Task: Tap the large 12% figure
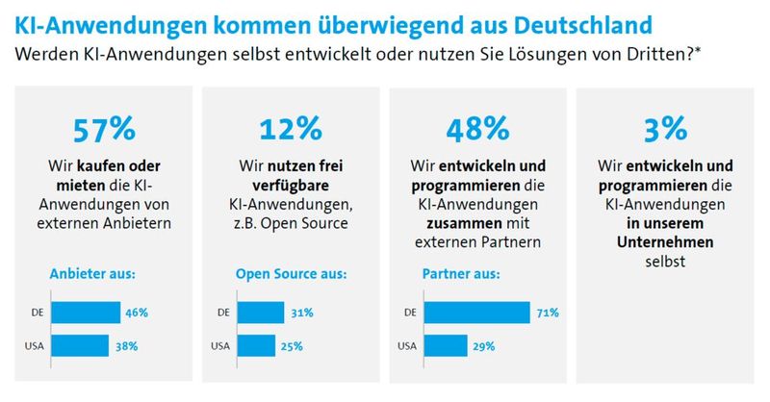(290, 129)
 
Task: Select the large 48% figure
(476, 129)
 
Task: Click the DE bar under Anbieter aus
(85, 313)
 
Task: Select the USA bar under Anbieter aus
(79, 345)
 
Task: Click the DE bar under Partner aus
(475, 313)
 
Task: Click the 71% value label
(549, 313)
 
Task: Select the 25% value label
(295, 345)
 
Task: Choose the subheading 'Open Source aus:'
(290, 274)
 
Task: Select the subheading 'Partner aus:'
(461, 274)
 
